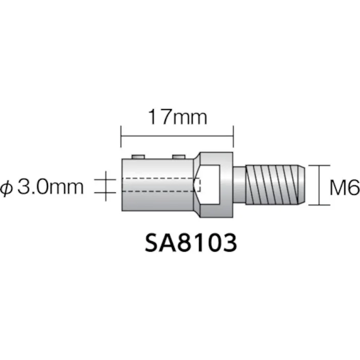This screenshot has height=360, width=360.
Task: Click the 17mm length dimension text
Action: pos(177,118)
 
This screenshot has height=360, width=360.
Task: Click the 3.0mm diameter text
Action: pos(50,188)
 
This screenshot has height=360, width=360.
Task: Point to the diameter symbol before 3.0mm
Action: pos(9,188)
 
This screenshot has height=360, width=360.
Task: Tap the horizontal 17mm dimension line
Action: pos(177,135)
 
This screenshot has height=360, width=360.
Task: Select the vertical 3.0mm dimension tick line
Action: pos(106,186)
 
